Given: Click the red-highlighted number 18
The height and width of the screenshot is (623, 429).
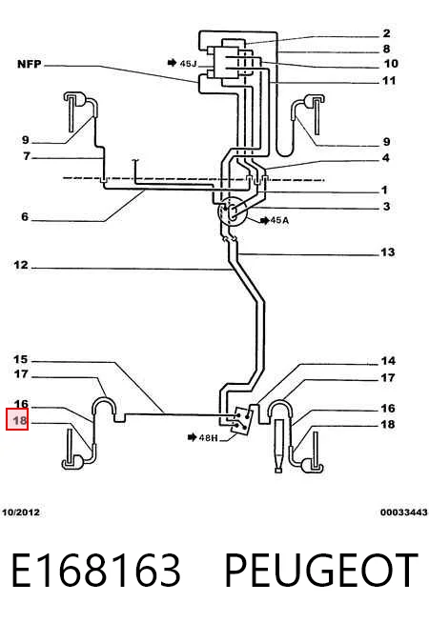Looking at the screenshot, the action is [19, 420].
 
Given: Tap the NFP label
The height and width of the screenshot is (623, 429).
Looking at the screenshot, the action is [30, 64].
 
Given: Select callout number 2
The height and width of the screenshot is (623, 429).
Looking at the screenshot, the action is [386, 33].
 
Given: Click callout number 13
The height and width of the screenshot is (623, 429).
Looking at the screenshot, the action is [387, 251].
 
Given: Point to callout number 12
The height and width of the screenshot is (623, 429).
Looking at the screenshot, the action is [21, 265].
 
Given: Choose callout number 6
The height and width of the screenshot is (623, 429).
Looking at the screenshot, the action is [25, 216].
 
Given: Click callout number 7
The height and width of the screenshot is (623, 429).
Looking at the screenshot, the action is [27, 156].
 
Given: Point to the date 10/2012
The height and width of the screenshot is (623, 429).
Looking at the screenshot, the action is [21, 512].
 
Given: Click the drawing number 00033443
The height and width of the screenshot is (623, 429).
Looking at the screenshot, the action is [403, 512].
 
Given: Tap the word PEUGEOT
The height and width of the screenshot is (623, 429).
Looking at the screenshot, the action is [321, 571].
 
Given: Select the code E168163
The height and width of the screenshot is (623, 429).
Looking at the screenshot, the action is [96, 571].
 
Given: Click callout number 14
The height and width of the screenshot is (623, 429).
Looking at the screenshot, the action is [388, 361].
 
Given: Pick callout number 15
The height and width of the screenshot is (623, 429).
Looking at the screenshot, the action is [21, 359].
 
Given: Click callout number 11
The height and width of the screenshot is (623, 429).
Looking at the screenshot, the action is [389, 80].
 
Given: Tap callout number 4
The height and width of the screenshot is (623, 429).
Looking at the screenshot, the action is [386, 158].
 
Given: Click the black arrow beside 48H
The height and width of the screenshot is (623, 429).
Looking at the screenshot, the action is [192, 437].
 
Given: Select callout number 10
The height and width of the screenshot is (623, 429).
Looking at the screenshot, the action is [391, 63].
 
